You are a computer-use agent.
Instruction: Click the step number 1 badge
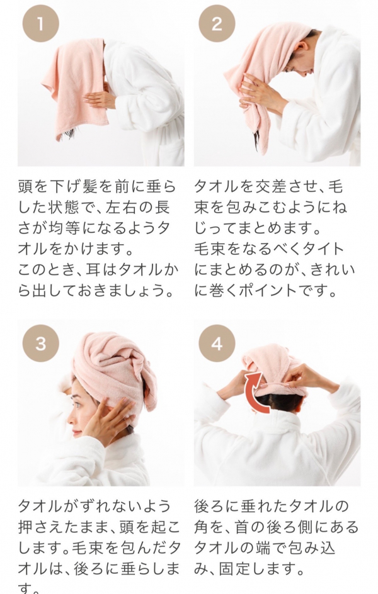tap(40, 24)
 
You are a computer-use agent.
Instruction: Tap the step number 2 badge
tap(217, 24)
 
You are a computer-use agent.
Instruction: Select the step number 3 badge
tap(40, 343)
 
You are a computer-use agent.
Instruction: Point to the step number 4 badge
tap(217, 343)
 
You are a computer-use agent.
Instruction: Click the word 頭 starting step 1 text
tap(25, 187)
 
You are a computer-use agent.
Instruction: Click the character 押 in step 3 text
tap(25, 527)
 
